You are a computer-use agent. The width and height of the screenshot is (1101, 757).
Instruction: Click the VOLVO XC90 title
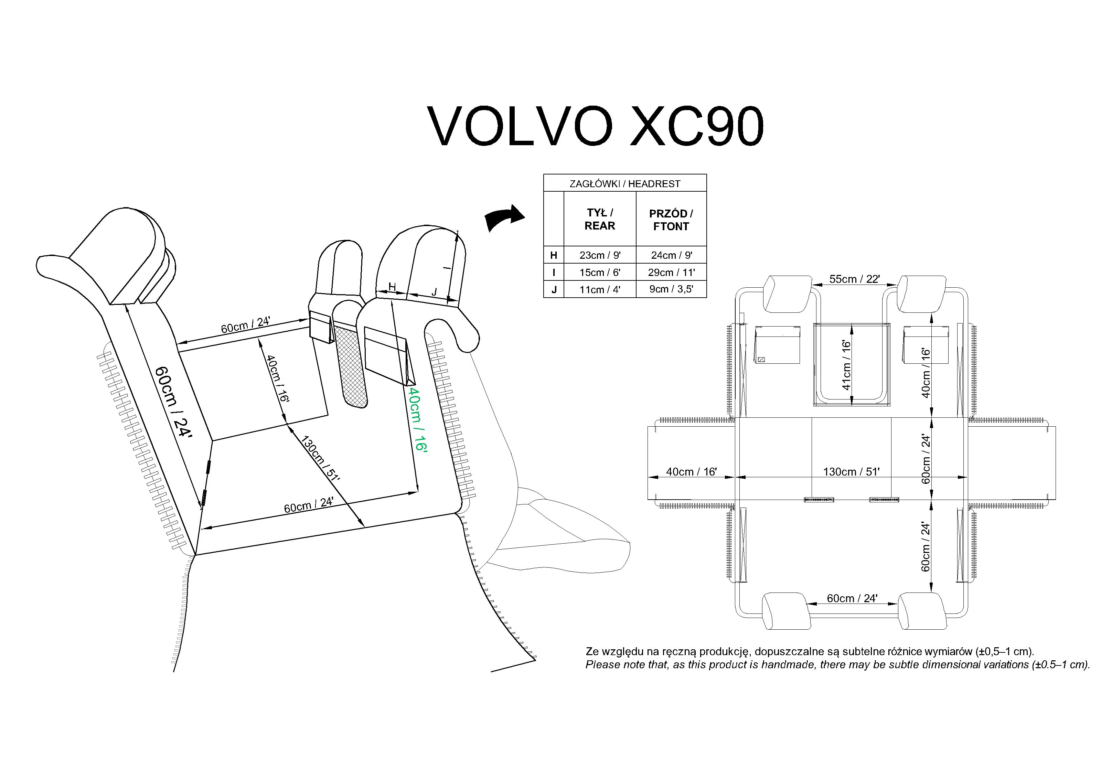coord(595,126)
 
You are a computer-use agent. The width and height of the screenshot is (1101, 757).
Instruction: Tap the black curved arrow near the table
coord(504,218)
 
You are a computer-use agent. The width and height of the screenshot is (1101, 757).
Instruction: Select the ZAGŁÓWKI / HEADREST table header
coord(624,183)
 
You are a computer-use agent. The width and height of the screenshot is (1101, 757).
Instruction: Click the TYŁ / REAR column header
coord(599,219)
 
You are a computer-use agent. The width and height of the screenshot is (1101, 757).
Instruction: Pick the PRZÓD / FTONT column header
coord(671,220)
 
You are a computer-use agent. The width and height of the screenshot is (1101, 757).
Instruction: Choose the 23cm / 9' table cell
coord(599,255)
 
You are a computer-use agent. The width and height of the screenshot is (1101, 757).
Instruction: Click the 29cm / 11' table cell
coord(671,272)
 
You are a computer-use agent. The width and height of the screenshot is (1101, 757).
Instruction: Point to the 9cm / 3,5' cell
coord(671,289)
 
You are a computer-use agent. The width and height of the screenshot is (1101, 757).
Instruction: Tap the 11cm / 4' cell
coord(599,289)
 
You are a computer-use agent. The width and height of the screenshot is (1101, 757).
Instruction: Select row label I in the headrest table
coord(553,272)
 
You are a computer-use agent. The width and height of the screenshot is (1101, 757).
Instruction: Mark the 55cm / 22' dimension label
coord(854,279)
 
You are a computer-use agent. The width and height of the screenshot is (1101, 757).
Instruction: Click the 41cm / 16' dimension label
coord(846,365)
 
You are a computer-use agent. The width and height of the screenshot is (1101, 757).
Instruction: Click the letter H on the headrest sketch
coord(392,287)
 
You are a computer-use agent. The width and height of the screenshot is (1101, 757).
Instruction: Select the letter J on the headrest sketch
coord(434,292)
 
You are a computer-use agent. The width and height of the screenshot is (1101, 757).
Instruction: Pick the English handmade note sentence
coord(837,664)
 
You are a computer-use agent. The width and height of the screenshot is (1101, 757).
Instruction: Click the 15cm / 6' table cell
coord(599,272)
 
